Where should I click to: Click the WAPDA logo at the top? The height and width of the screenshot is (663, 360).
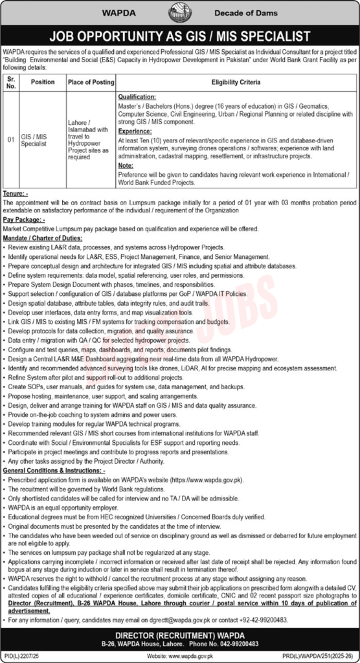point(181,13)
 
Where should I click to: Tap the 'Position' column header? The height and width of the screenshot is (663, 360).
point(43,82)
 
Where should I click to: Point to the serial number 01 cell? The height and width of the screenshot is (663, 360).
point(10,138)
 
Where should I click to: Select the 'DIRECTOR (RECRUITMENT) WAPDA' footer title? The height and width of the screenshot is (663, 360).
point(180,635)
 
